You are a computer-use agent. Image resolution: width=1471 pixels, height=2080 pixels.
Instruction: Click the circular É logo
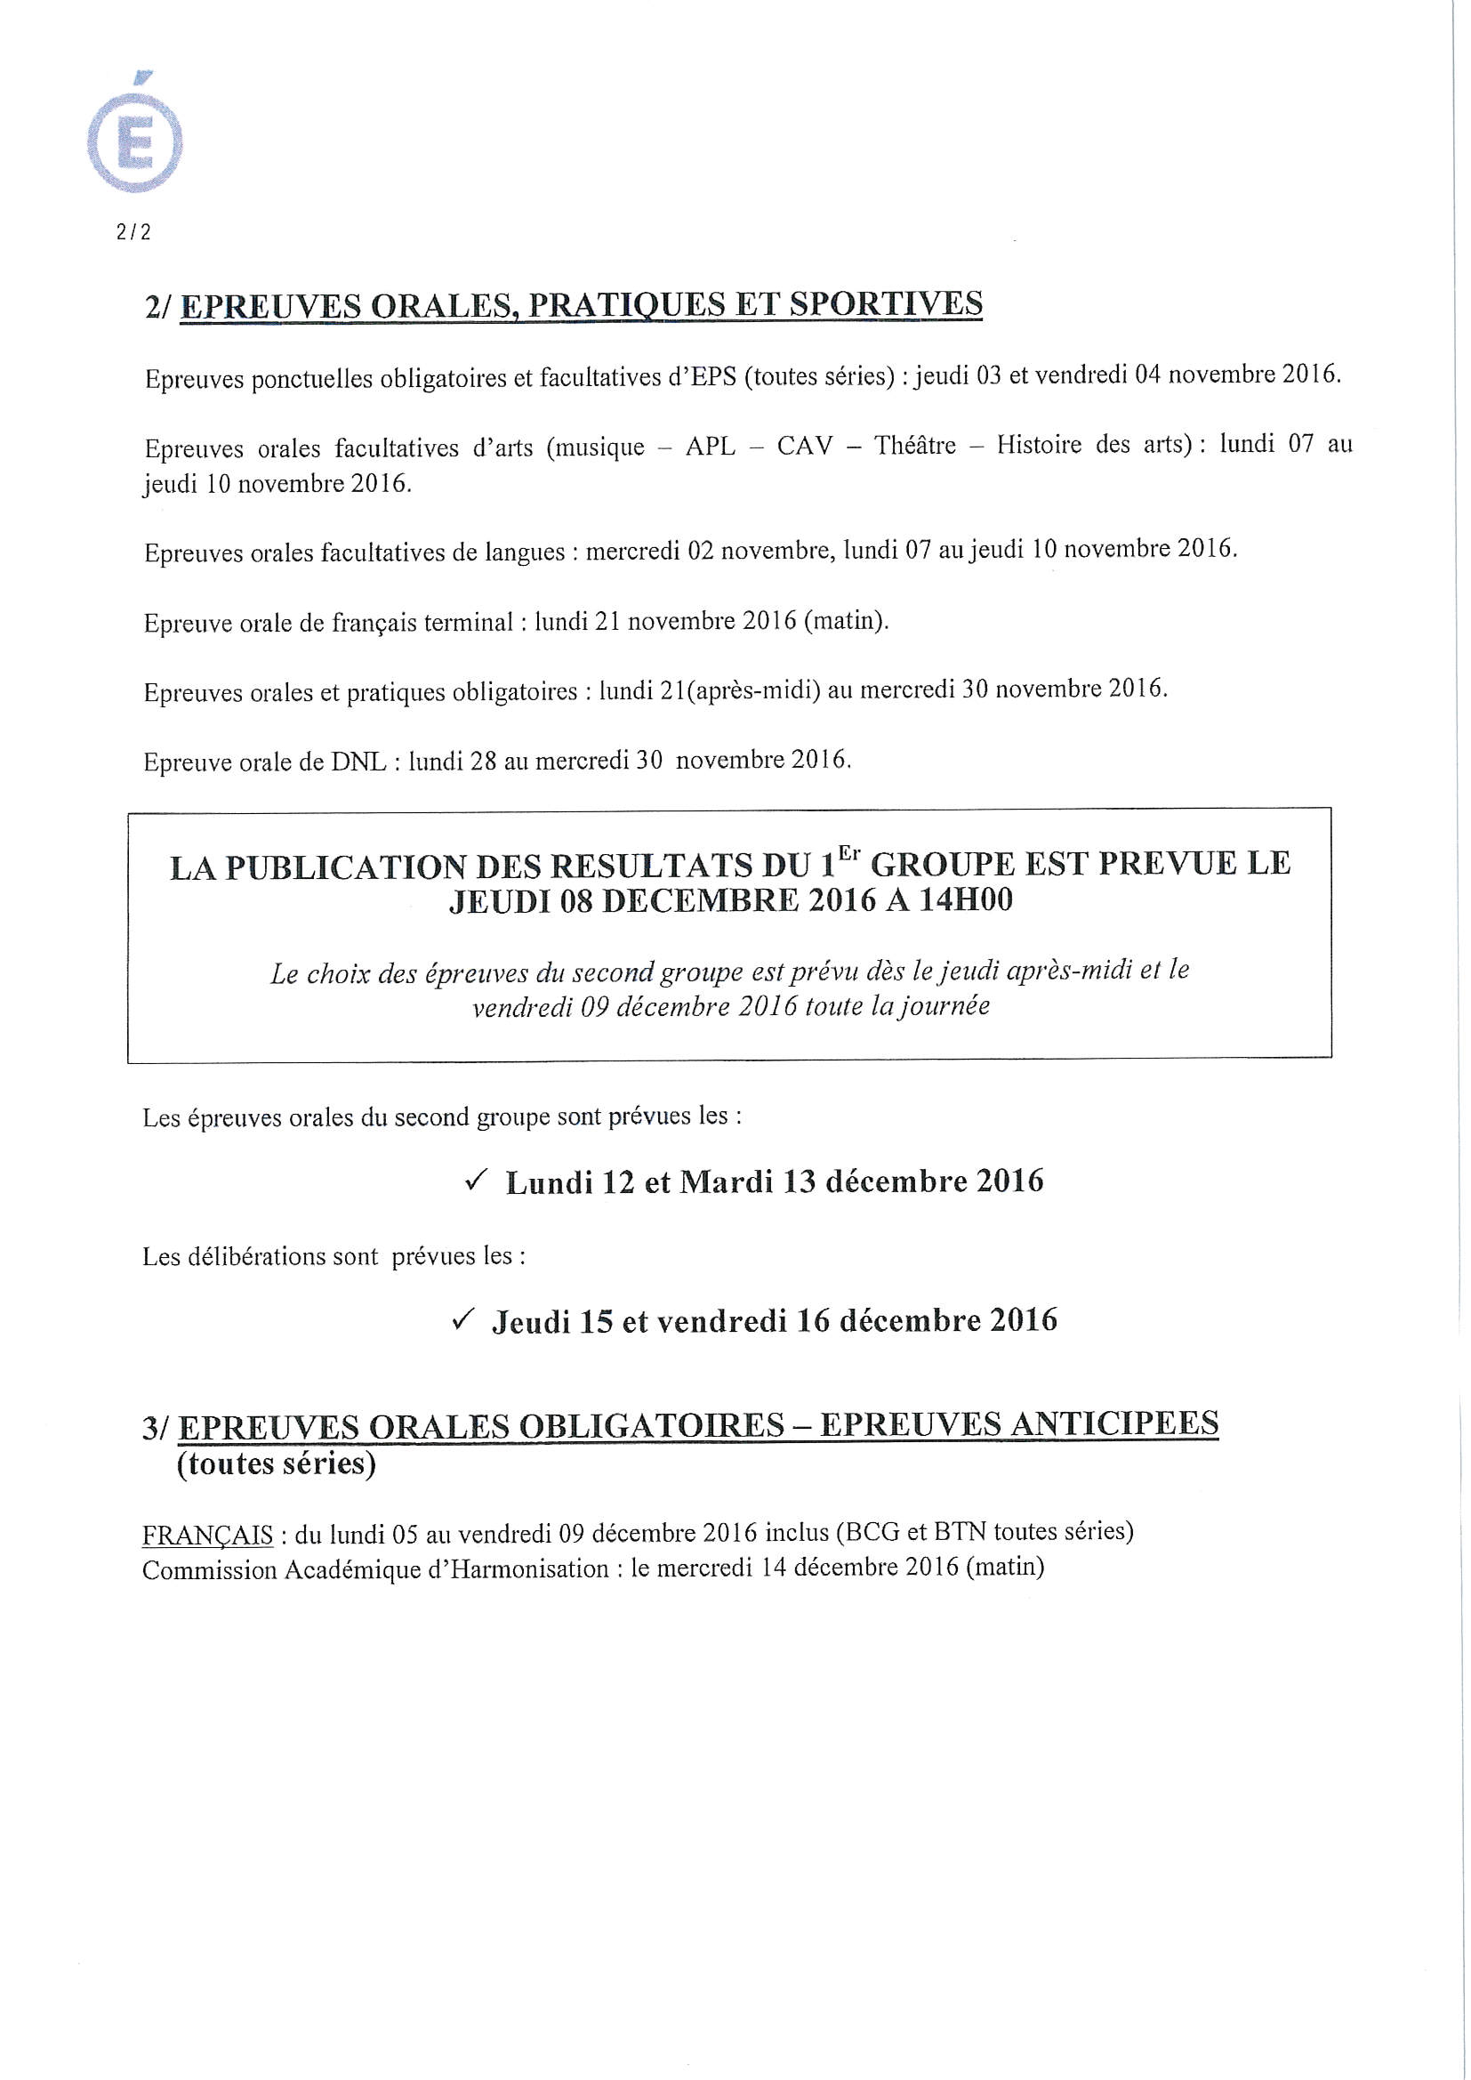pos(139,141)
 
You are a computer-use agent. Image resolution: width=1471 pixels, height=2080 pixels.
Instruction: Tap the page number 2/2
pos(134,232)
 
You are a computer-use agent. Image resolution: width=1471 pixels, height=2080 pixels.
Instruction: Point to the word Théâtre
pos(915,446)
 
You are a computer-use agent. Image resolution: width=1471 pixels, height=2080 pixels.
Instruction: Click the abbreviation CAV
pos(804,446)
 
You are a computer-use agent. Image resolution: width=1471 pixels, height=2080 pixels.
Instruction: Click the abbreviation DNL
pos(359,762)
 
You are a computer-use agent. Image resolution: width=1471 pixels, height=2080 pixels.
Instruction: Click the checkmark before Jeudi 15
pos(463,1320)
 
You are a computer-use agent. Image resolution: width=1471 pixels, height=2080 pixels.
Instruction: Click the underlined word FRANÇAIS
pos(207,1533)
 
